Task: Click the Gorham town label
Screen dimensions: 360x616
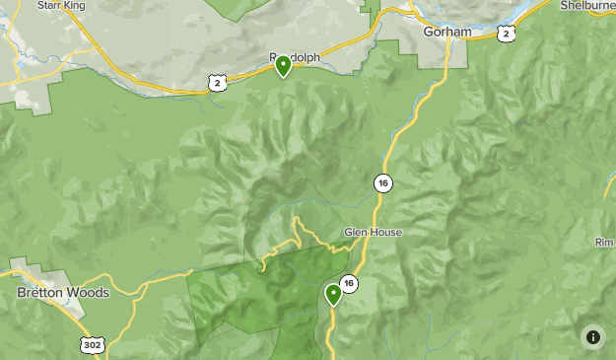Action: click(x=446, y=32)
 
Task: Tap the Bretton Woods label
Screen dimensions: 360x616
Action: click(x=63, y=293)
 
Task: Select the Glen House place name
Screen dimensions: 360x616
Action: click(x=373, y=233)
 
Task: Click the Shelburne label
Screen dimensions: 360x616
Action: click(x=588, y=5)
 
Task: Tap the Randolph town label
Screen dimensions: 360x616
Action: click(x=296, y=57)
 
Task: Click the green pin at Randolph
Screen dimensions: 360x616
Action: click(x=283, y=66)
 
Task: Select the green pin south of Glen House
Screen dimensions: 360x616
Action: click(x=333, y=294)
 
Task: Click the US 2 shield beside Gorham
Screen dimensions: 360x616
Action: click(x=506, y=34)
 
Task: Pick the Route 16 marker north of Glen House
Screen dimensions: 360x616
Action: click(x=382, y=182)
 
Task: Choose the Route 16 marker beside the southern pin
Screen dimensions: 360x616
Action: click(x=348, y=284)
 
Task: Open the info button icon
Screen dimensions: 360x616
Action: click(x=593, y=337)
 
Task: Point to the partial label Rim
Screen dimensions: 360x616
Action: click(x=605, y=243)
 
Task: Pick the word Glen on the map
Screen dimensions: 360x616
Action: click(x=355, y=233)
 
